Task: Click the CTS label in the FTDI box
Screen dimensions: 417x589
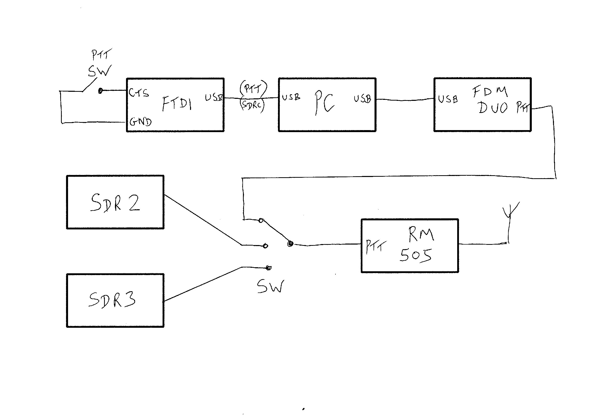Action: coord(139,93)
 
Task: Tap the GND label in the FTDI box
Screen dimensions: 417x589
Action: coord(140,122)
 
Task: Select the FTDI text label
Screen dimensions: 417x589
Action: coord(177,104)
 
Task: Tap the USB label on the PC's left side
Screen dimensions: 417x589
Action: coord(291,97)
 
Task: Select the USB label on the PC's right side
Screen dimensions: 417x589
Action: coord(362,99)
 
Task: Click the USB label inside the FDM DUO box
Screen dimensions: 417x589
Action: coord(448,99)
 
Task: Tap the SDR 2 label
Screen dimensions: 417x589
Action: coord(115,203)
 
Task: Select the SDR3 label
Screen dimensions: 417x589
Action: coord(112,300)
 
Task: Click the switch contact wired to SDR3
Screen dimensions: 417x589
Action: coord(268,268)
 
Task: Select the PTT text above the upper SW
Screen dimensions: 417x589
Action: coord(101,54)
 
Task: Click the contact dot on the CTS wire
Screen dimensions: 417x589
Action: coord(101,91)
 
